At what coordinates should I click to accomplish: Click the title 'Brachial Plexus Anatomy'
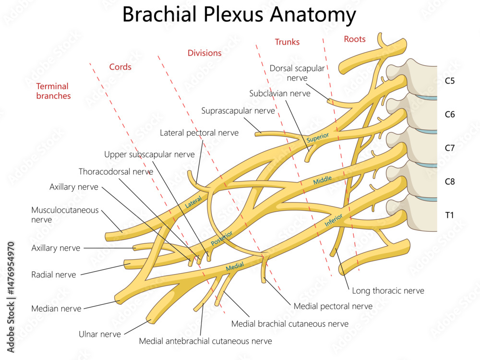(239, 14)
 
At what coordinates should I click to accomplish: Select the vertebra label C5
(449, 81)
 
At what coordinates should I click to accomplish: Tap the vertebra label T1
(449, 215)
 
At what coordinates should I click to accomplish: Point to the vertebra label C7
(449, 148)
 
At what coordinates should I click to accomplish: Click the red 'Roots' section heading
(355, 39)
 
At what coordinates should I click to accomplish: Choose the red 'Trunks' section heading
(287, 42)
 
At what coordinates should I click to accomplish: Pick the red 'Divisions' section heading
(204, 53)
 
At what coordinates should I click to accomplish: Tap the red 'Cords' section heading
(120, 67)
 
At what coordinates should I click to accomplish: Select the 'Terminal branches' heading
(53, 91)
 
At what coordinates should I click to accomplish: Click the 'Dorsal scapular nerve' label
(297, 73)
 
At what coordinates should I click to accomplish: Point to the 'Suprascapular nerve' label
(238, 111)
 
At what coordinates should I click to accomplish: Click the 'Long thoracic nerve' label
(388, 290)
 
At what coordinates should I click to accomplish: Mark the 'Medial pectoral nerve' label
(333, 306)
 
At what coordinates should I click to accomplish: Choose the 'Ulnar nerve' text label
(100, 334)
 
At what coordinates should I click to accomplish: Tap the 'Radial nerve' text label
(53, 275)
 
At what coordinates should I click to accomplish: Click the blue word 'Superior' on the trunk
(318, 137)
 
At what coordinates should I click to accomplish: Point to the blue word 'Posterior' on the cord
(221, 237)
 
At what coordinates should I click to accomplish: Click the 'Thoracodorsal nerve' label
(116, 171)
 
